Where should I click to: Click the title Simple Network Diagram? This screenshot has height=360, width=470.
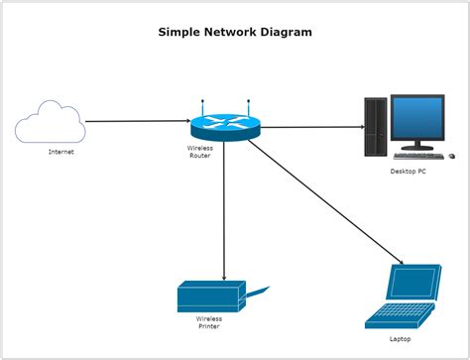235,32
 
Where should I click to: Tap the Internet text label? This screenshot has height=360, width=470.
60,152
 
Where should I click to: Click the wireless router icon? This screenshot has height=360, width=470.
224,127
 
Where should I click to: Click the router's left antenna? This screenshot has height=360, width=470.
202,107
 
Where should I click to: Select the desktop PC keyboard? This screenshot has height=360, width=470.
417,155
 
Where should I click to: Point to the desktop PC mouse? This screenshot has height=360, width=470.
452,156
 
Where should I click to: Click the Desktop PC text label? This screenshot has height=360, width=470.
408,172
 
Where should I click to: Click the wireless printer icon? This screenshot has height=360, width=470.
209,297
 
